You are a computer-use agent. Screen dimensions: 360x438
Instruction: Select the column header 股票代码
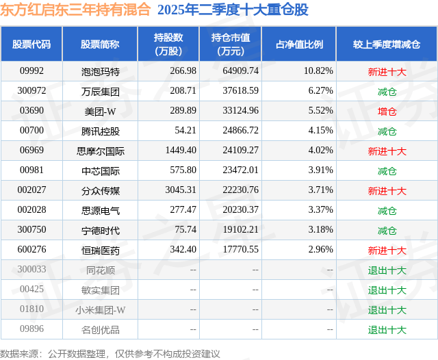tap(31, 44)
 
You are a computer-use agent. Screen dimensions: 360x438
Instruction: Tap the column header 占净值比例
tap(299, 44)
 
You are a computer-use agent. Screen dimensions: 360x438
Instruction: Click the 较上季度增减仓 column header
tap(387, 44)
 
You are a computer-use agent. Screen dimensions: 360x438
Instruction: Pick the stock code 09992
tap(31, 71)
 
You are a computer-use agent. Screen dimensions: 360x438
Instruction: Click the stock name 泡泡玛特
tap(100, 71)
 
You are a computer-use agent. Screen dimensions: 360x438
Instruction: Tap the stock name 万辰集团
tap(100, 91)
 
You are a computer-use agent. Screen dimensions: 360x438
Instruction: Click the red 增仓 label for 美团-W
tap(387, 111)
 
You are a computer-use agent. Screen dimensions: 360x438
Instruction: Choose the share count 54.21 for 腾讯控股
tap(185, 131)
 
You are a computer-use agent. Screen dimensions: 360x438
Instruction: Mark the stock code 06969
tap(31, 151)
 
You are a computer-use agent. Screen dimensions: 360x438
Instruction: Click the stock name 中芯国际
tap(100, 171)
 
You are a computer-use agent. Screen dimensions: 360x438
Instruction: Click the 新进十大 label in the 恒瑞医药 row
tap(387, 250)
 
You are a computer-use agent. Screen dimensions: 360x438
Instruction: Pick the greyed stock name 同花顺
tap(100, 270)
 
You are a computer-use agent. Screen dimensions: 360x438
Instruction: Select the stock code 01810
tap(31, 310)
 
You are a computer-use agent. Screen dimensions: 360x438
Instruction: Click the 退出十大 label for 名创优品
tap(387, 330)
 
